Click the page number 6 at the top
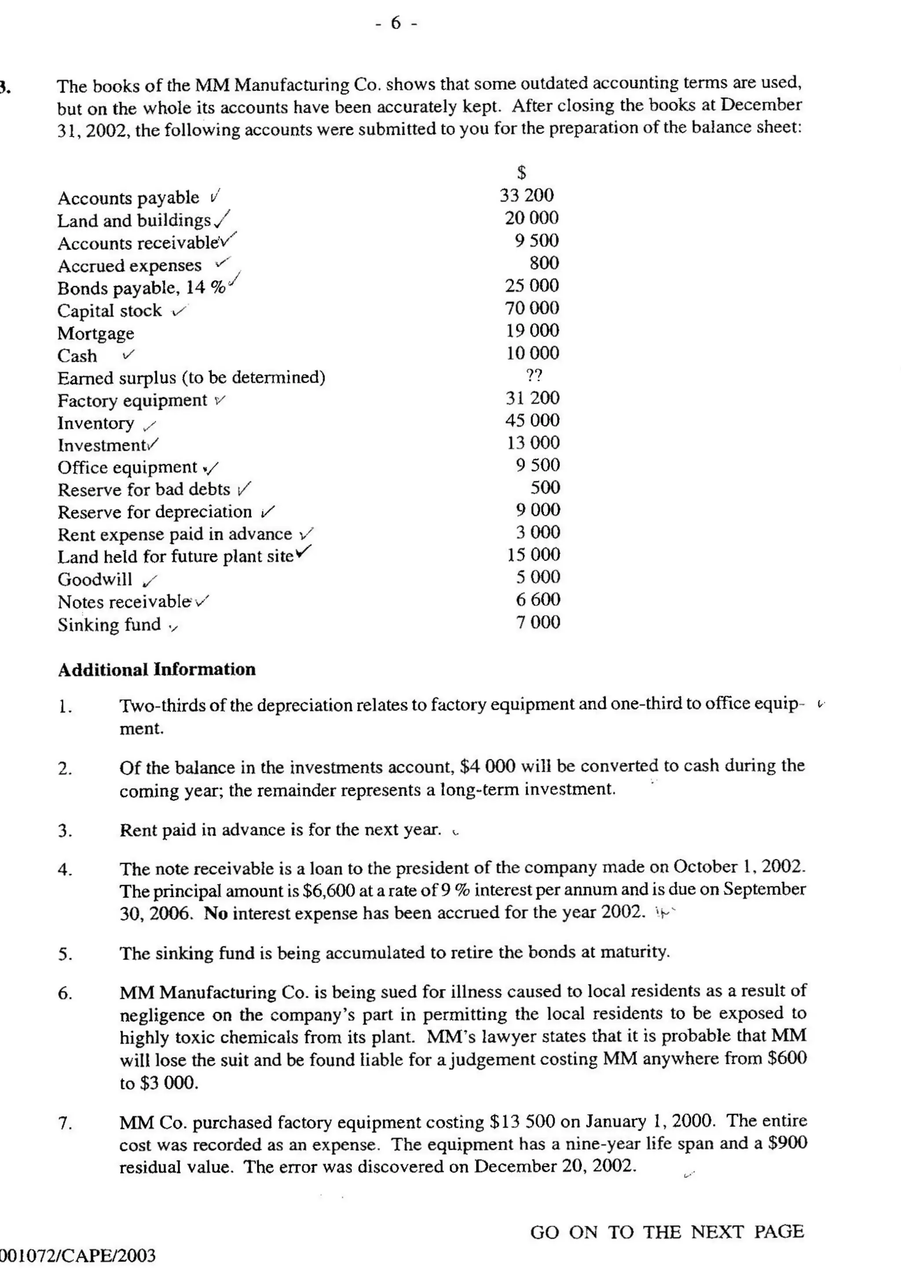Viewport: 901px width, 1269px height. (396, 23)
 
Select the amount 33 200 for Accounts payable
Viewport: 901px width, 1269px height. (526, 195)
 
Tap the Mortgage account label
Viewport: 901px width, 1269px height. (95, 333)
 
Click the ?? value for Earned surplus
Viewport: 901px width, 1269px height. (534, 376)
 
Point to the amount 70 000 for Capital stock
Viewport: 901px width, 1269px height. (531, 308)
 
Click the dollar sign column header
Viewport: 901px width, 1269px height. (521, 172)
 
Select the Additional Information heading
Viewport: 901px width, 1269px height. (157, 669)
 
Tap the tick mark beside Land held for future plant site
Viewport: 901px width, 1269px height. (304, 552)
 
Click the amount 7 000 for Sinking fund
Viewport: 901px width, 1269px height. (538, 622)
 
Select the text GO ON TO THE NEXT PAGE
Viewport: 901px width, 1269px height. (667, 1232)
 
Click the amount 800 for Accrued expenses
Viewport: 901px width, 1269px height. (544, 263)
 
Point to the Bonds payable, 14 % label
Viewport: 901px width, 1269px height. (142, 288)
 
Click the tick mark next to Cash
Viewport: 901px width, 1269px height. (129, 354)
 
